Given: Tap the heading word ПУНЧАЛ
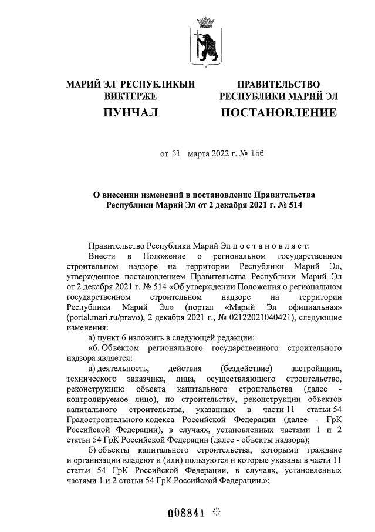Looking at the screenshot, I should (130, 112).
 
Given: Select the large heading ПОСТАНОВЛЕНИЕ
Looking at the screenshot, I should (278, 112).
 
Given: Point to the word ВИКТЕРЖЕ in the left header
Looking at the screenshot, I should (130, 95).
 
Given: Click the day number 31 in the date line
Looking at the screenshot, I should (175, 154).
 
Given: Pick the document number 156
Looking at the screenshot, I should (256, 154).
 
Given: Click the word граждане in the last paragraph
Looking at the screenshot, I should (323, 450).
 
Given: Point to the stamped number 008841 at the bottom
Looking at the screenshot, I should (186, 512).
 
